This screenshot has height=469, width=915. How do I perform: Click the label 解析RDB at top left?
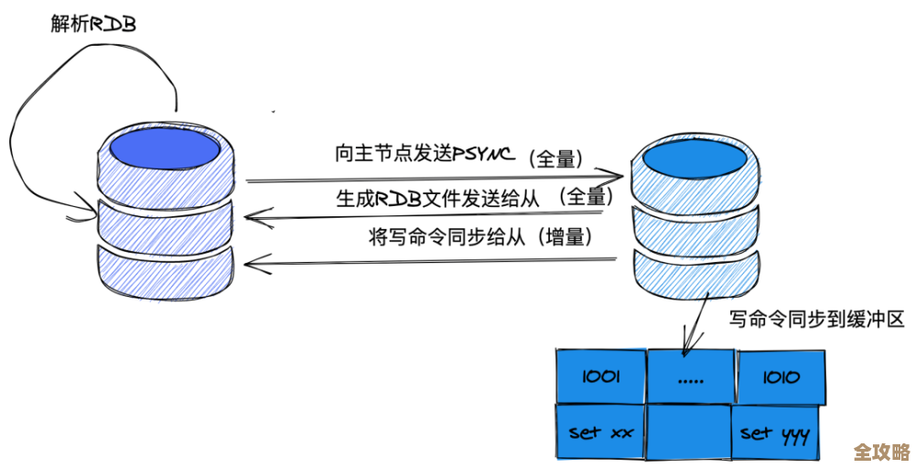[92, 23]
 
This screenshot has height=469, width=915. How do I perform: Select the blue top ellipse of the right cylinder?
[697, 160]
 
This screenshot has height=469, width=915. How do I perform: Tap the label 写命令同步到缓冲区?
[816, 319]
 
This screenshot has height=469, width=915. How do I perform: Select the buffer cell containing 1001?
[600, 376]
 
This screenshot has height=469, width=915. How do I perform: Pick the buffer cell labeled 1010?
[780, 376]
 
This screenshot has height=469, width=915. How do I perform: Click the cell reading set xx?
[600, 431]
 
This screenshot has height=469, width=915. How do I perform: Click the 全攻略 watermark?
[880, 452]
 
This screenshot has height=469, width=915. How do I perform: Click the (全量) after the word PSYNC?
[555, 158]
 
